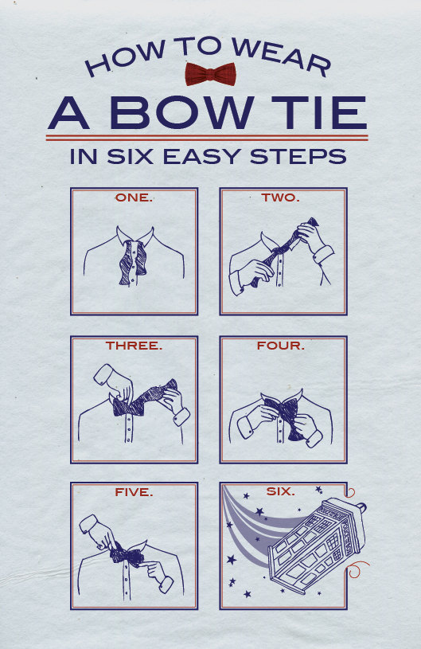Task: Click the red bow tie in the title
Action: click(210, 74)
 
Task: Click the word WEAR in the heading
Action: click(281, 56)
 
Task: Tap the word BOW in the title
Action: click(182, 112)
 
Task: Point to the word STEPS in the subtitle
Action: click(298, 156)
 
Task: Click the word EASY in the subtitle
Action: click(202, 156)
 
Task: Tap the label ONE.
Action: click(134, 197)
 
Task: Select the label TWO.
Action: click(280, 197)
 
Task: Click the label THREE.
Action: click(134, 346)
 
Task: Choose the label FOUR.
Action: click(280, 346)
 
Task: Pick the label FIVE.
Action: click(134, 492)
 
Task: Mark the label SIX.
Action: click(280, 491)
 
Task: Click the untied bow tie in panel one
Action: click(133, 263)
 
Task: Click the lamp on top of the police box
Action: click(361, 506)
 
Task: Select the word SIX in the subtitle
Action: click(130, 156)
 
